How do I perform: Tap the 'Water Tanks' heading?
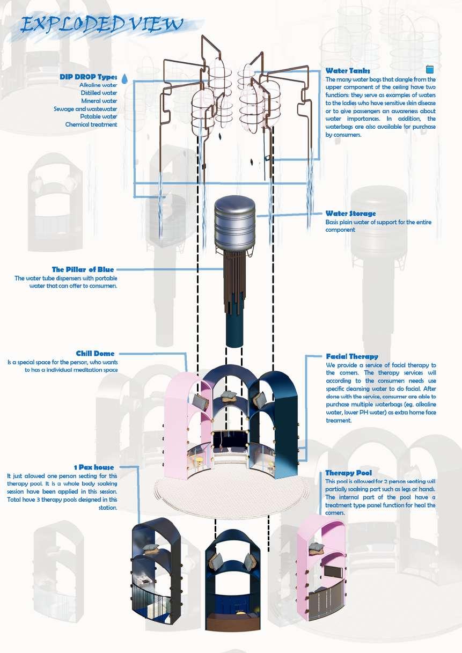347,71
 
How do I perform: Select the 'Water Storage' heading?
350,214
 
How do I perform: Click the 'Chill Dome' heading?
95,354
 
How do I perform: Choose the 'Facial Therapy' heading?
351,356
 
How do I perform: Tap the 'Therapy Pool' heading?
348,473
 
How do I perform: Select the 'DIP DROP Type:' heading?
88,77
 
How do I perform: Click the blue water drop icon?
124,79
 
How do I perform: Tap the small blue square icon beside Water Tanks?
429,69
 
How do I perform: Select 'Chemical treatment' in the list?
91,124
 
